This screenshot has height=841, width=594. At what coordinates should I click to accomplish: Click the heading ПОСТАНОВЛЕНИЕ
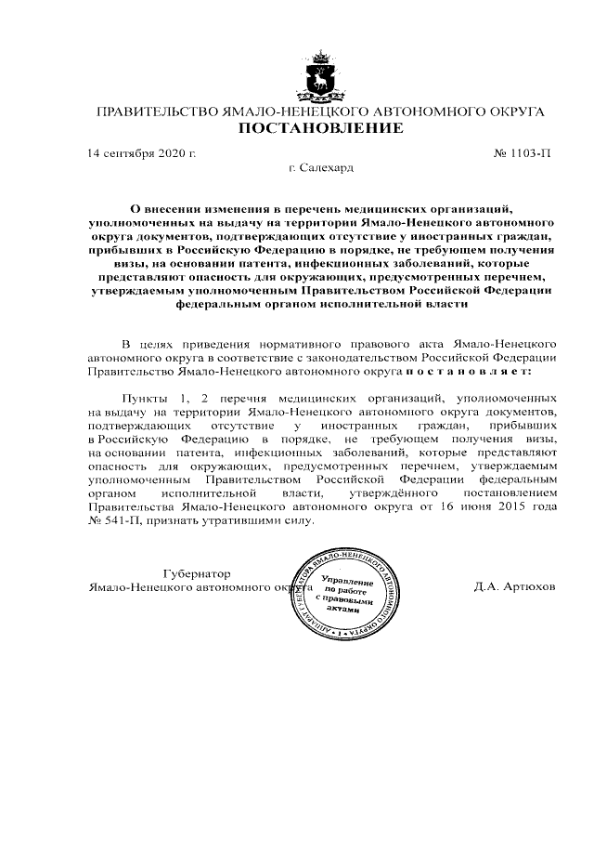point(321,128)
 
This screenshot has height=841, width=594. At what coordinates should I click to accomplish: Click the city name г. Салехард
point(321,169)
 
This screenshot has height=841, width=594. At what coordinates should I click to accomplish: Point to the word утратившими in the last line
point(237,521)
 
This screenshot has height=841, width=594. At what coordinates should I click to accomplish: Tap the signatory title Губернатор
point(197,573)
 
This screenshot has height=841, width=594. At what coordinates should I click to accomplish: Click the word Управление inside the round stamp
point(345,580)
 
